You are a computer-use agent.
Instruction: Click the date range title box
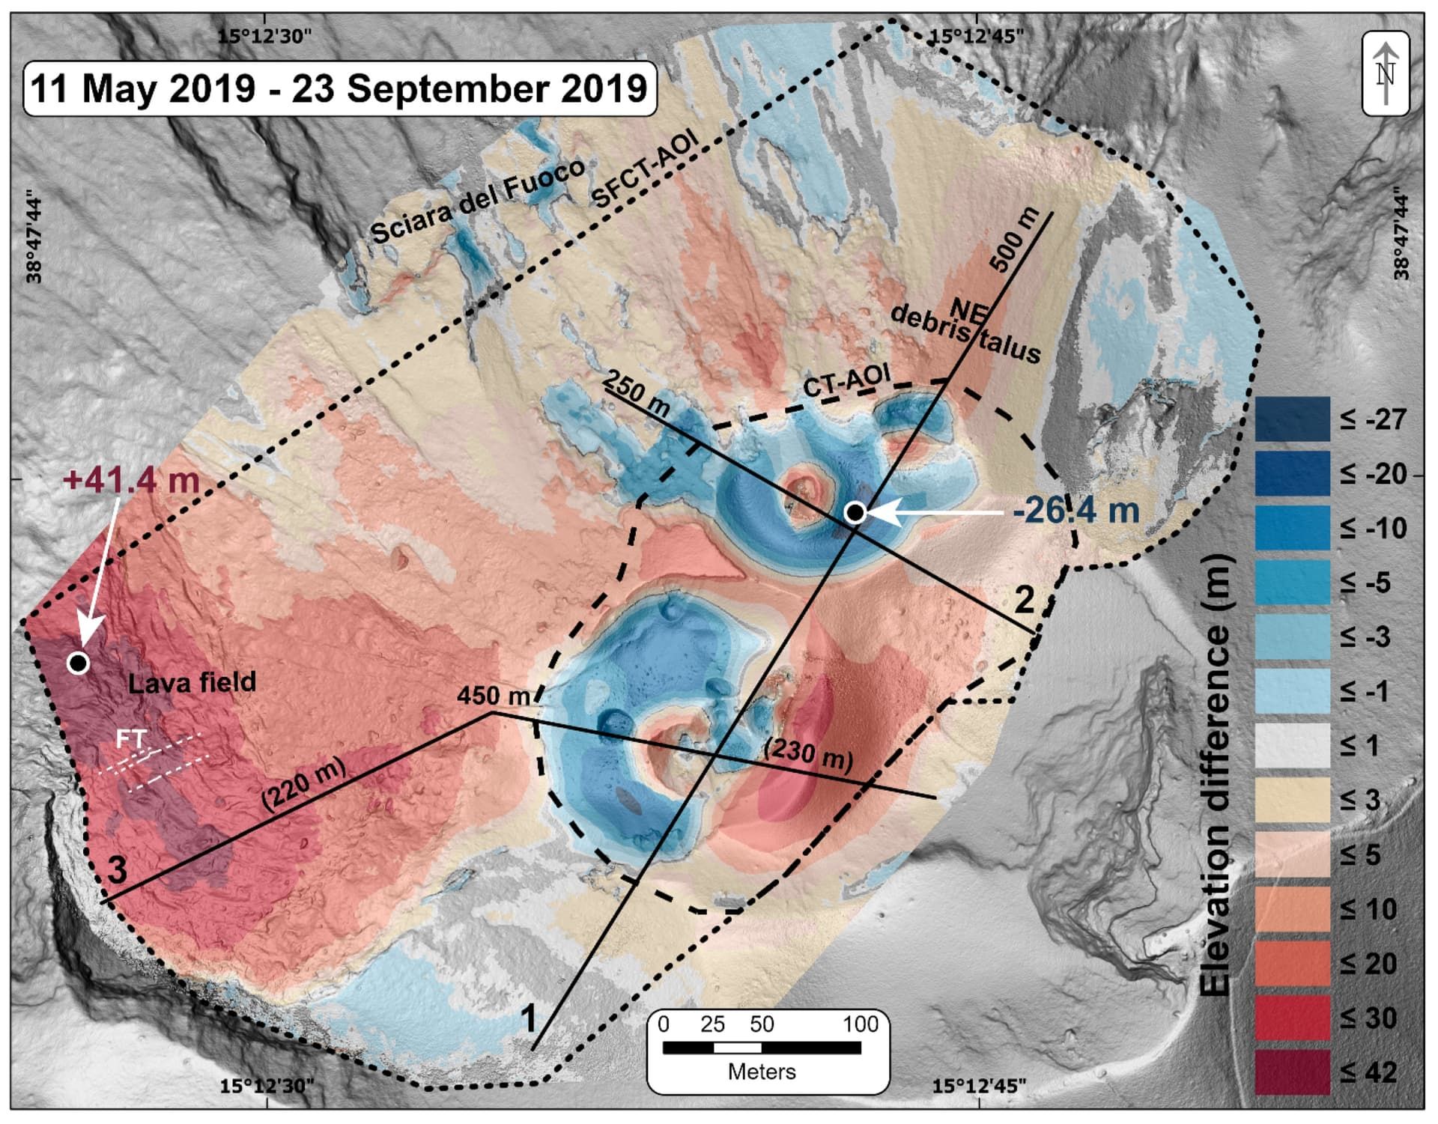click(340, 88)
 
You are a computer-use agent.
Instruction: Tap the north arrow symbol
click(1386, 73)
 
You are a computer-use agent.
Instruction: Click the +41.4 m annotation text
click(132, 479)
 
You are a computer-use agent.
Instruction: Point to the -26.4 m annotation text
click(1076, 511)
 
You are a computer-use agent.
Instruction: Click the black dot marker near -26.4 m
click(855, 512)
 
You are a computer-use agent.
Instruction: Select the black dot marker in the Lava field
click(78, 663)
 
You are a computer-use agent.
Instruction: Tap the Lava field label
click(192, 682)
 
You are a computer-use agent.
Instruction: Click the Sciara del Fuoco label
click(478, 201)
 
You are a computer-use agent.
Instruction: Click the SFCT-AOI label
click(645, 168)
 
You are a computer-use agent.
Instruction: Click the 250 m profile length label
click(637, 392)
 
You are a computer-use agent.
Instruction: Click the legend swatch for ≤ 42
click(1292, 1071)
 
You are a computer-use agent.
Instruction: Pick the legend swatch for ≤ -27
click(1292, 419)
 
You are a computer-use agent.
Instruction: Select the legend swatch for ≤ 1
click(1292, 745)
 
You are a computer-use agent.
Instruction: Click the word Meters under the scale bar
click(762, 1072)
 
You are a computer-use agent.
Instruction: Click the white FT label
click(132, 740)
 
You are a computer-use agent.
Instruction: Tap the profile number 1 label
click(529, 1019)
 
